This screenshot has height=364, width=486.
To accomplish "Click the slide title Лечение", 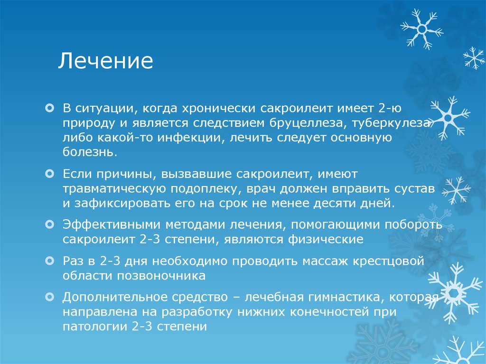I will [106, 62].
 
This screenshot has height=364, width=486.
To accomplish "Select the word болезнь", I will [88, 153].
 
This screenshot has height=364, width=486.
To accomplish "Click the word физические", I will [326, 240].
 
